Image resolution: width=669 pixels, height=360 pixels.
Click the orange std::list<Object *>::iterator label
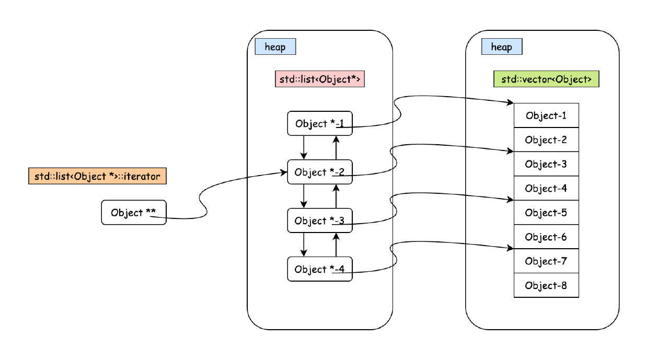click(97, 176)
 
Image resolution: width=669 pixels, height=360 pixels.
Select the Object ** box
click(134, 212)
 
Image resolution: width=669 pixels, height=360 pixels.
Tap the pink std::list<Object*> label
click(319, 79)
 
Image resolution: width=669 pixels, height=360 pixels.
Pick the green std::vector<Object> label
click(546, 79)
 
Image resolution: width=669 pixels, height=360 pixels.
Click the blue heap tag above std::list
click(275, 47)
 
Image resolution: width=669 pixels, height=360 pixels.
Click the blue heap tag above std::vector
click(502, 47)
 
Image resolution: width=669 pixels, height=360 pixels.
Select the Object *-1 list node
click(320, 123)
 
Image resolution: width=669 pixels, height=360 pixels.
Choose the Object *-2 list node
click(320, 172)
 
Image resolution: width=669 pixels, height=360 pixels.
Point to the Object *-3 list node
click(320, 220)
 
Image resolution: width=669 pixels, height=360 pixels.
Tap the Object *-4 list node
click(320, 269)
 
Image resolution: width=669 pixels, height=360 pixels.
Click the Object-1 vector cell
click(546, 115)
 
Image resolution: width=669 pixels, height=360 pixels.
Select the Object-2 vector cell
click(546, 140)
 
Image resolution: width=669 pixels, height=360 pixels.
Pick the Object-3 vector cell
click(546, 164)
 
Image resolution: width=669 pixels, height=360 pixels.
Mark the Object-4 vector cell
click(546, 188)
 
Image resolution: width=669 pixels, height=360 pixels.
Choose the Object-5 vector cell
click(546, 213)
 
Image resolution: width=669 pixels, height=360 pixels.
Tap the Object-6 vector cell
click(546, 237)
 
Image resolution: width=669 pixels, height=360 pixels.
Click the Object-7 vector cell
click(546, 261)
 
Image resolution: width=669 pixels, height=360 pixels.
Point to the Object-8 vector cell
click(546, 285)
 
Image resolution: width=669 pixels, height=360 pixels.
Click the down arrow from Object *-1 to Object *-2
click(304, 147)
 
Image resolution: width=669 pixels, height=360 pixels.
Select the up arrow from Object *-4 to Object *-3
click(336, 245)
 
